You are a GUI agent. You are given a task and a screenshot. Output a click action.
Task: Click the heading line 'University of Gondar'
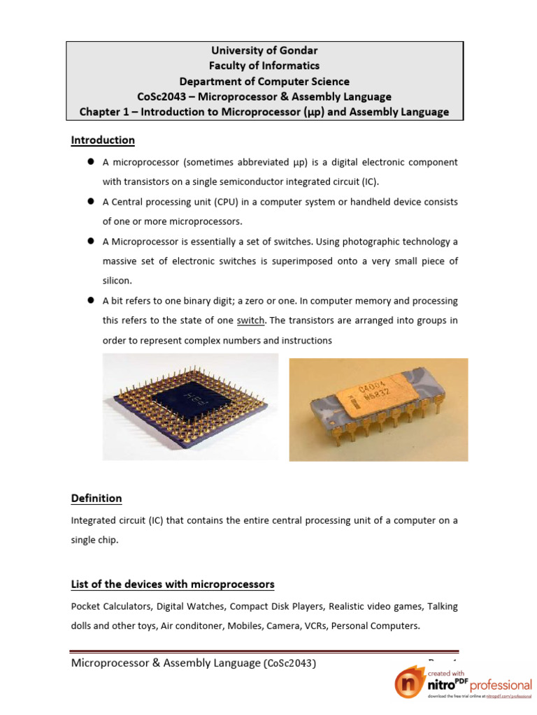[264, 50]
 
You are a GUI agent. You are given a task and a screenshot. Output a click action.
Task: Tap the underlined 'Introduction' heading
[103, 140]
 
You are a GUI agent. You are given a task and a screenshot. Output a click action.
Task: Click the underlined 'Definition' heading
[96, 499]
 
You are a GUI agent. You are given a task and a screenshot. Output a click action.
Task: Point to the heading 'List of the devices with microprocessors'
[173, 584]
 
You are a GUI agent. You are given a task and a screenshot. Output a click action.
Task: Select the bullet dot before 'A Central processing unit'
[91, 202]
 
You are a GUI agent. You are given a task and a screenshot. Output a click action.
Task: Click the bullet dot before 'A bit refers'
[91, 301]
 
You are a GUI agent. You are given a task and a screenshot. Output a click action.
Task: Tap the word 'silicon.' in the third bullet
[117, 281]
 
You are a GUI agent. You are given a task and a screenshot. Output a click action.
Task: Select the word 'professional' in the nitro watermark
[501, 685]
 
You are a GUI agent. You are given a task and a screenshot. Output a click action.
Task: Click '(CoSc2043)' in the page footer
[289, 664]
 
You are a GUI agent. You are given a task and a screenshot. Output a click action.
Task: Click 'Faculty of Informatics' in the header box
[264, 66]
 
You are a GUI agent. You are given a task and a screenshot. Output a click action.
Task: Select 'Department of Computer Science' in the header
[264, 81]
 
